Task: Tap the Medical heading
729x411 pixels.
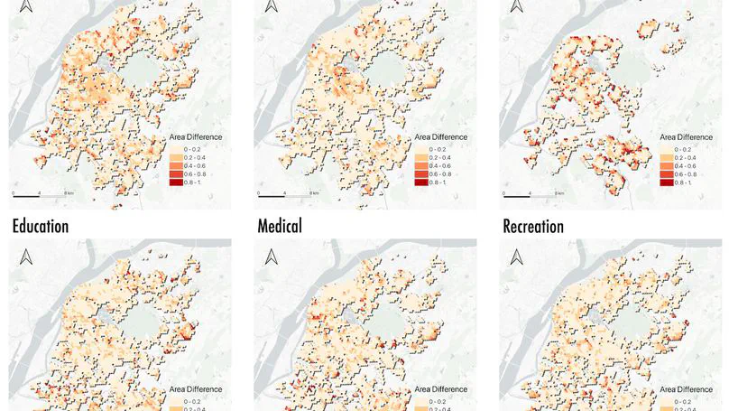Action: coord(279,225)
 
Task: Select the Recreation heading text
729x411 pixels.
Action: coord(533,225)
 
